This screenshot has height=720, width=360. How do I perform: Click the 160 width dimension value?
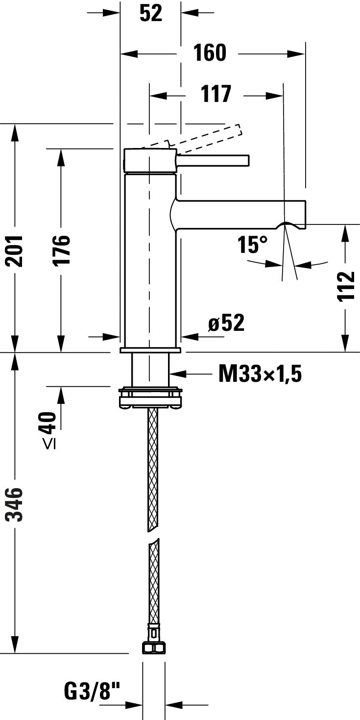[x=210, y=53]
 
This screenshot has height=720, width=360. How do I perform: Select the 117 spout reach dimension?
[x=216, y=94]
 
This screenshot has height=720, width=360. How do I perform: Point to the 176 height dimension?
[x=61, y=250]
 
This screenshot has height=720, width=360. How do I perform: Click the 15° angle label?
[x=253, y=245]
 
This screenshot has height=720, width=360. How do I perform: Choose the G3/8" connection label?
[x=92, y=692]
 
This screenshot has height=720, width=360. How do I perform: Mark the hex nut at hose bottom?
[x=153, y=648]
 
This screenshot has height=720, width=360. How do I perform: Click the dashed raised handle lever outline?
[x=206, y=136]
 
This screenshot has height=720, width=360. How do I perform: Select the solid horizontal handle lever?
[x=213, y=160]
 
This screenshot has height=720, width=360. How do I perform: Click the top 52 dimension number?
[x=150, y=13]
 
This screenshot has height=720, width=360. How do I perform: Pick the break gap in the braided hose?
[x=153, y=534]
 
